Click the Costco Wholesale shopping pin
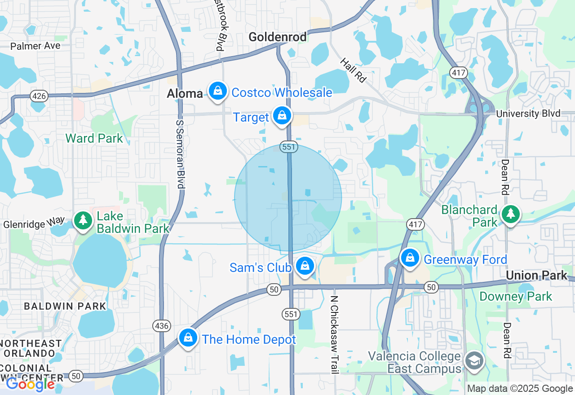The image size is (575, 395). [x=218, y=91]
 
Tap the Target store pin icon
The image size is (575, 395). [x=282, y=116]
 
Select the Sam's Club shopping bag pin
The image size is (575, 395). [x=305, y=266]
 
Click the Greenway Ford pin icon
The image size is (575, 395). [x=410, y=258]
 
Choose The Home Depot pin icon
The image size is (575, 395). [x=188, y=338]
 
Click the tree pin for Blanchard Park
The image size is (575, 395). [x=511, y=215]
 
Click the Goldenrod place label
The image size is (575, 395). [x=278, y=37]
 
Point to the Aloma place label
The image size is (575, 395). [x=185, y=93]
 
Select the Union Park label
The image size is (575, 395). [x=536, y=275]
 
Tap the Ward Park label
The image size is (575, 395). [x=94, y=138]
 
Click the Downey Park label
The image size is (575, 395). [x=516, y=296]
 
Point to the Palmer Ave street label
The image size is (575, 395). [x=35, y=46]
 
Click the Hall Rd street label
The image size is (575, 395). [x=353, y=70]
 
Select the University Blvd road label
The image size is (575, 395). [x=528, y=114]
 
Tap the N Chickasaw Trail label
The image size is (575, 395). [x=334, y=334]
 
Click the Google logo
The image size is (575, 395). [x=31, y=384]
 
